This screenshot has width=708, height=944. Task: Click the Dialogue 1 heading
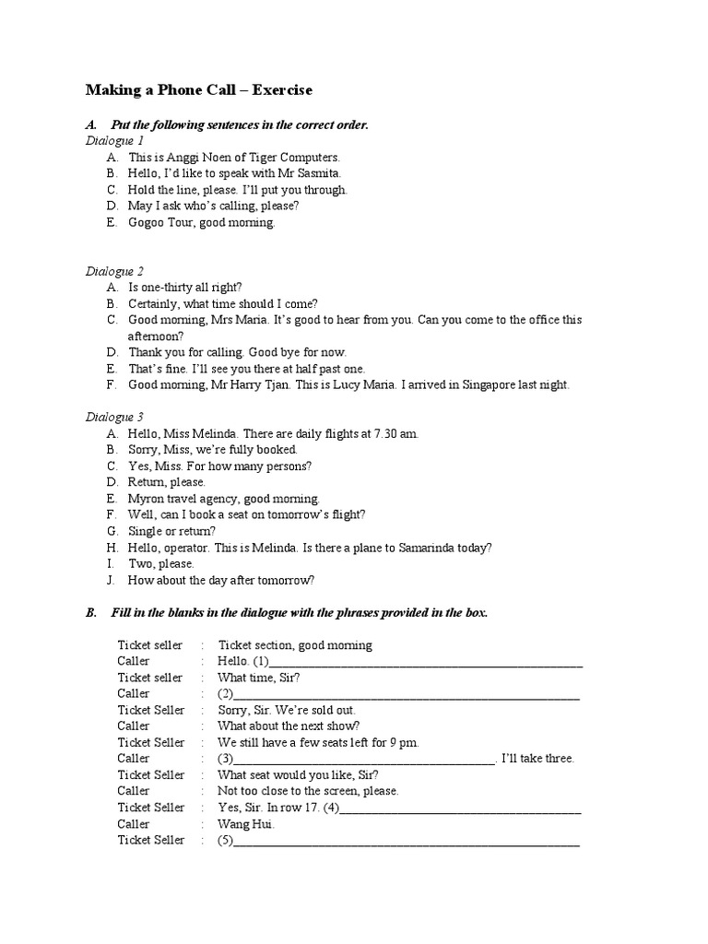(114, 141)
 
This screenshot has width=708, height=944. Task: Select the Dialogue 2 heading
(114, 271)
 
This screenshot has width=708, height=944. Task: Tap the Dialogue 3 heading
(114, 417)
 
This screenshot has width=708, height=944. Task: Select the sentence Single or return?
(171, 531)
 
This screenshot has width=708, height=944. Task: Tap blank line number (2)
(406, 694)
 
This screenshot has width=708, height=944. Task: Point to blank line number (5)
(406, 841)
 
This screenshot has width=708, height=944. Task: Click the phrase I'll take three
(539, 759)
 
